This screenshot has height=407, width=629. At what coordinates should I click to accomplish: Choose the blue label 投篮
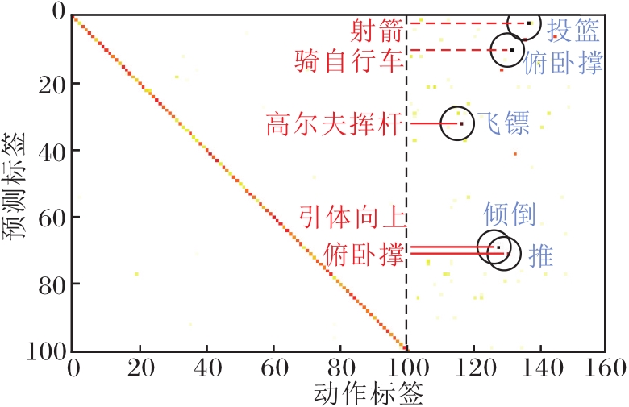click(x=573, y=30)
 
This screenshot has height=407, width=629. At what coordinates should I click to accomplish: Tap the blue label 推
click(x=540, y=257)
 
